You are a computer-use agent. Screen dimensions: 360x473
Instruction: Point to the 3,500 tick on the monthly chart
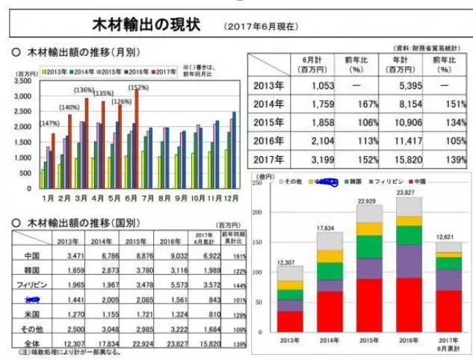pyautogui.click(x=22, y=80)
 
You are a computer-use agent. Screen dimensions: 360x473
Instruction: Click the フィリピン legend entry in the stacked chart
pyautogui.click(x=379, y=182)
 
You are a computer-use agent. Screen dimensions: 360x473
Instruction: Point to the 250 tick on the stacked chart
pyautogui.click(x=259, y=182)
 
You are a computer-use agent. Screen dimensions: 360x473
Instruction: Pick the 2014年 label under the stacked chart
pyautogui.click(x=327, y=341)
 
